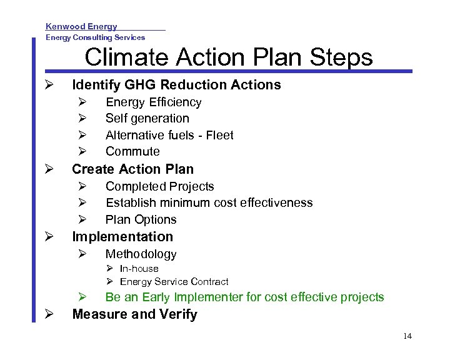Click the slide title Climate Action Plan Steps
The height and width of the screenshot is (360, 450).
(228, 57)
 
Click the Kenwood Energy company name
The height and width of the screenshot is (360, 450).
(81, 26)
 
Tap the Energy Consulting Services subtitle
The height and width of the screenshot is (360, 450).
(95, 37)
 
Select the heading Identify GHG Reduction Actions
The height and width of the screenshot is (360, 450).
(176, 85)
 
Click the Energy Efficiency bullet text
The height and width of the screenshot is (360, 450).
(153, 102)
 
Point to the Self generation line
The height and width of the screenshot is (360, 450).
(147, 118)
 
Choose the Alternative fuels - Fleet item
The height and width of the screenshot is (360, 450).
(169, 135)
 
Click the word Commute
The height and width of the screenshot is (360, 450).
(132, 151)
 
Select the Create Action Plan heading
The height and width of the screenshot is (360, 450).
(132, 169)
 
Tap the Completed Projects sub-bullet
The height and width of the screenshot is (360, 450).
(159, 186)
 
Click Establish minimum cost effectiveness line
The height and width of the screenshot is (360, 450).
(209, 202)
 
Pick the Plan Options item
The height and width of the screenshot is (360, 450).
(141, 219)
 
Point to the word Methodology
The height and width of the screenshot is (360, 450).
(141, 254)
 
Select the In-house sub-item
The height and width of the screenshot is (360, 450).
(139, 269)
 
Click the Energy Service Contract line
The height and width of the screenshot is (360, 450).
(174, 282)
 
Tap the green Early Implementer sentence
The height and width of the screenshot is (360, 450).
(244, 297)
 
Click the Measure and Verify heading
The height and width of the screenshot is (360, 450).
(134, 314)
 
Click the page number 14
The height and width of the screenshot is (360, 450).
(407, 336)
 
